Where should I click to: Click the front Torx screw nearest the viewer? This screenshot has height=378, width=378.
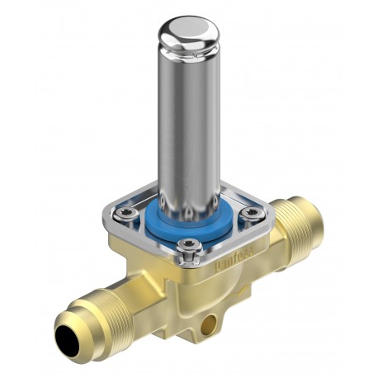[x=189, y=244]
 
